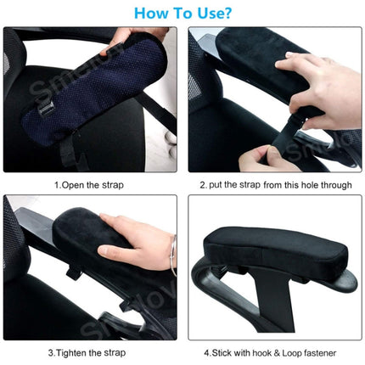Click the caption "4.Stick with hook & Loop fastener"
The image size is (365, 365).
(271, 352)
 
